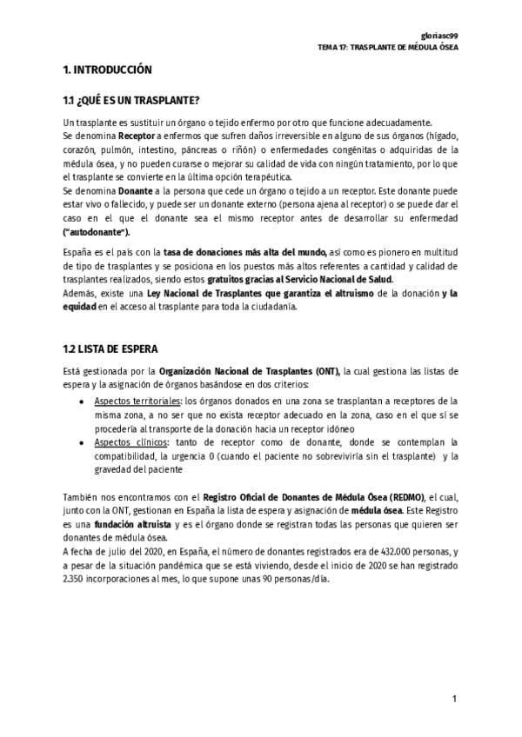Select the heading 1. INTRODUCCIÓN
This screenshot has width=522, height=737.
click(108, 70)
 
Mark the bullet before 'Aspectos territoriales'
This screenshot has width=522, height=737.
click(82, 402)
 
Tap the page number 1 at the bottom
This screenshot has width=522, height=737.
click(453, 700)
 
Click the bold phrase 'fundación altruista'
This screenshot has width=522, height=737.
click(127, 525)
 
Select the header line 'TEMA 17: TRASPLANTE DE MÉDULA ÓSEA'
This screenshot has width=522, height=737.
click(388, 46)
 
